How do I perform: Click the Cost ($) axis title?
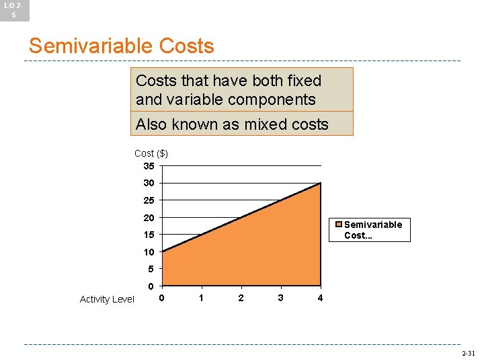[151, 154]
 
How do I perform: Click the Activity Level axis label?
[107, 299]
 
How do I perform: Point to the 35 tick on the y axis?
[149, 165]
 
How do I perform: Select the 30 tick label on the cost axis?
[149, 183]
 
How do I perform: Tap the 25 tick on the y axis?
[149, 200]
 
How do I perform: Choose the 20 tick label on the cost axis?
[149, 218]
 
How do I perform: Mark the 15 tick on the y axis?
[149, 235]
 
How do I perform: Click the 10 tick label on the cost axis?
[149, 252]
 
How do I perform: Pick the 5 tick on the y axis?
[151, 269]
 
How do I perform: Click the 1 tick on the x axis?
[201, 298]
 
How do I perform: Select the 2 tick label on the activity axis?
[241, 298]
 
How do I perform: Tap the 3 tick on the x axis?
[280, 298]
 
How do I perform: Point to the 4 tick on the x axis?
[320, 298]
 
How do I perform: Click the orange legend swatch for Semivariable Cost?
[340, 225]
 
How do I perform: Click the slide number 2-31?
[468, 353]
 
